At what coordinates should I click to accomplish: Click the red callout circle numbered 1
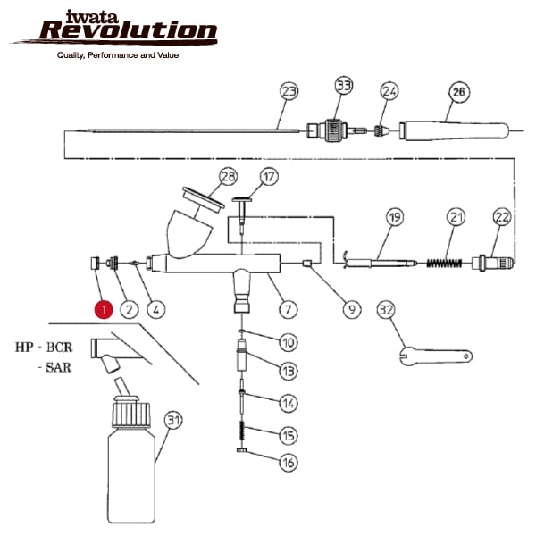(x=104, y=310)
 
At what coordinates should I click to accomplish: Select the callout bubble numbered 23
(x=289, y=91)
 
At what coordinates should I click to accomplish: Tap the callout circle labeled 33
(x=344, y=86)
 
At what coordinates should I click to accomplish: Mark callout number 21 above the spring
(x=457, y=217)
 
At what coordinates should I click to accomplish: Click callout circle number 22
(x=501, y=217)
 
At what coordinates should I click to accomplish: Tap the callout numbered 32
(x=386, y=310)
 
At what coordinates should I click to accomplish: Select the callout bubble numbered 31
(x=173, y=420)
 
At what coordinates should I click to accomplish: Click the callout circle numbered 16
(x=288, y=463)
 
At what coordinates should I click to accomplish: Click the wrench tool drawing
(x=434, y=356)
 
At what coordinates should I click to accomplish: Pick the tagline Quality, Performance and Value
(x=118, y=56)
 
